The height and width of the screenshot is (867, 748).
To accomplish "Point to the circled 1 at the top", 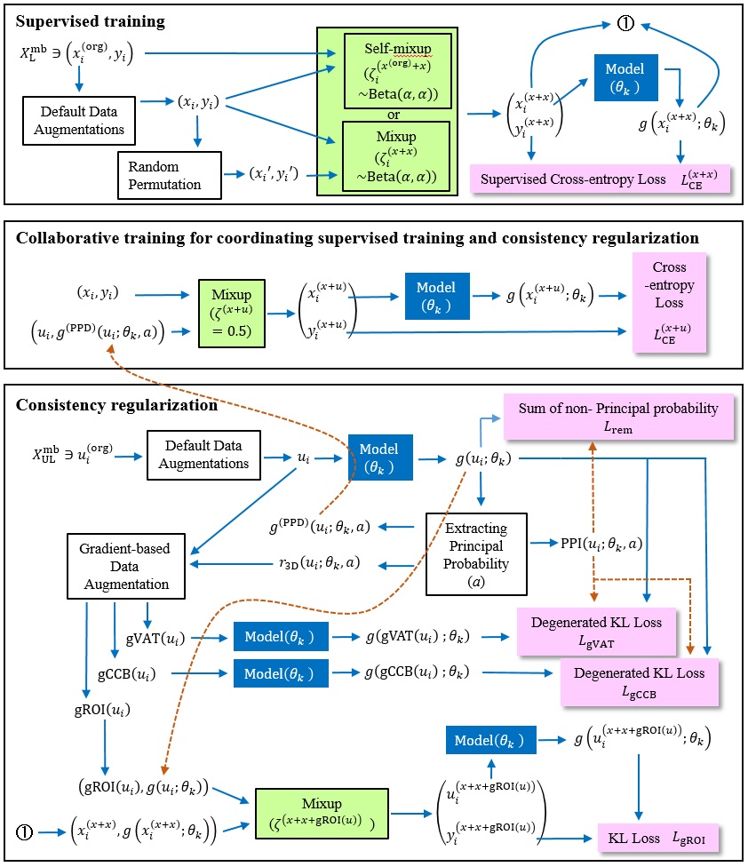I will [625, 24].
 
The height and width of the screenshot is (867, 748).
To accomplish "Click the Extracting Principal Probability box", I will [476, 553].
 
